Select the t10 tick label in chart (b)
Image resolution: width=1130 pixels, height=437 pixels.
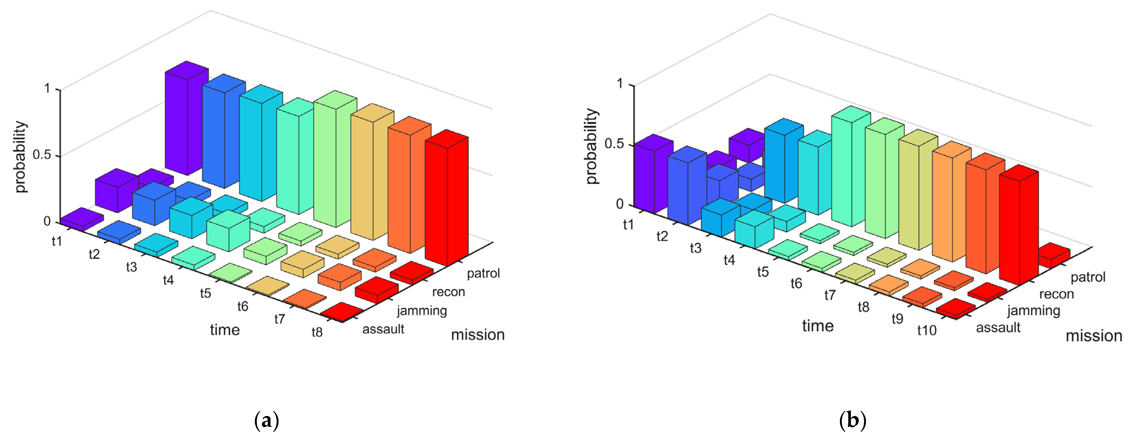click(926, 330)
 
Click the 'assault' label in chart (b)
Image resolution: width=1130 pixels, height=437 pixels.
click(998, 328)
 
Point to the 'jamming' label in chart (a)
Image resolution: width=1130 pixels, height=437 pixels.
click(422, 311)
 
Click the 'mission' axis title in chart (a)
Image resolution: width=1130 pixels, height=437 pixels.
click(478, 335)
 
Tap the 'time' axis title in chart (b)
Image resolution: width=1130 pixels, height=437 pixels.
click(818, 326)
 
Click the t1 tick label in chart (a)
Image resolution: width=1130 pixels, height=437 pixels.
click(57, 241)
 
